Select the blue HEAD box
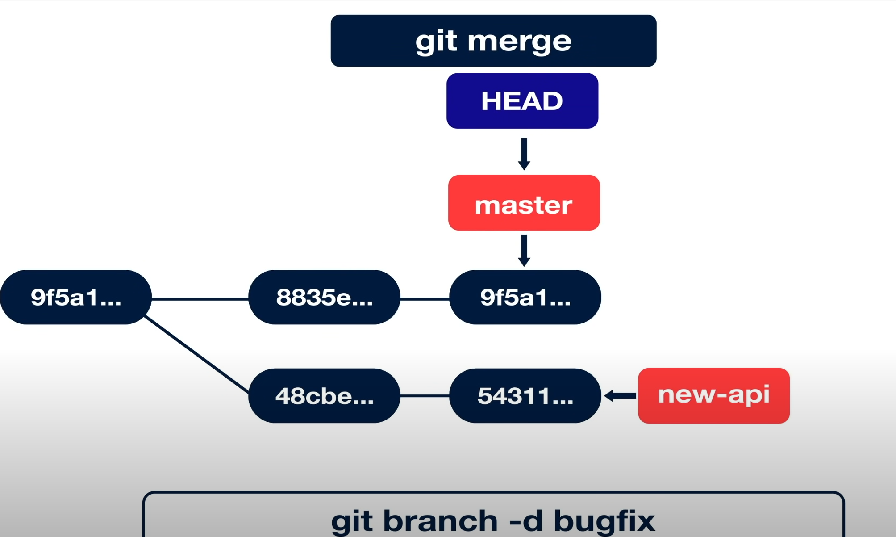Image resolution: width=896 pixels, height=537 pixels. (x=522, y=101)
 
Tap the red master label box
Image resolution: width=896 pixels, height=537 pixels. (x=524, y=203)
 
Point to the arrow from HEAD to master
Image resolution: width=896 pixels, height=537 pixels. (x=524, y=154)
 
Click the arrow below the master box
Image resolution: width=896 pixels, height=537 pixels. (x=524, y=250)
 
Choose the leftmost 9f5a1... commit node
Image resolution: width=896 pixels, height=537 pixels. (x=75, y=297)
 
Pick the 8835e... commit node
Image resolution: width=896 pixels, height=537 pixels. (x=324, y=297)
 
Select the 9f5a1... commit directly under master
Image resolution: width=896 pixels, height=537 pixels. (x=525, y=297)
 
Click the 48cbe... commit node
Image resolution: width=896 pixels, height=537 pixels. (x=324, y=396)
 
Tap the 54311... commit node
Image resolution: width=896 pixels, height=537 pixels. (x=525, y=396)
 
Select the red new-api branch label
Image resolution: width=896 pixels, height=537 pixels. (x=713, y=395)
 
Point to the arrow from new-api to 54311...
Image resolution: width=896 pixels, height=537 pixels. (x=620, y=396)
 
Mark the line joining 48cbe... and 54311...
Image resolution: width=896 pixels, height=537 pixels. (x=425, y=396)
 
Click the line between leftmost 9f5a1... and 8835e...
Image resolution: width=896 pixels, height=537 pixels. (x=200, y=298)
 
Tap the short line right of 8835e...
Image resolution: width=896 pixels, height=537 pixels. (x=425, y=298)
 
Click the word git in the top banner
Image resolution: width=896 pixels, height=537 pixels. (x=436, y=42)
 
